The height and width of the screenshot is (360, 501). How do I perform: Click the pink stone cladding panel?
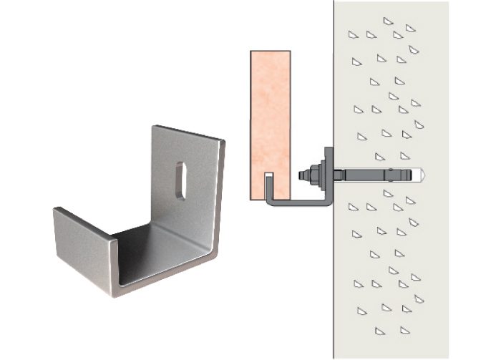point(271,115)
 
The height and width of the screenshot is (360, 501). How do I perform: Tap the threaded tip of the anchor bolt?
point(298,174)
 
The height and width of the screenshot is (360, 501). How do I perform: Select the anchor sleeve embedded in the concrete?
point(379,174)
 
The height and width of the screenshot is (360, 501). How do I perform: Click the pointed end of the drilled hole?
point(423,174)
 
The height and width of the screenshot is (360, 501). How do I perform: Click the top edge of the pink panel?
point(271,51)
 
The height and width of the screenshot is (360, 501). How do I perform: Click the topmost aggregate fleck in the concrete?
point(387,21)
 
